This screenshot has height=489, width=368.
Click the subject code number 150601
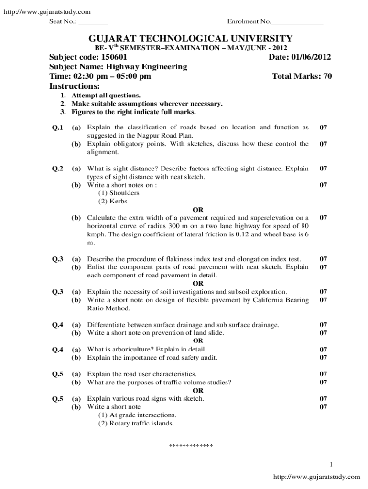click(114, 57)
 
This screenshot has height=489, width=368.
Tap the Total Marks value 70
click(327, 76)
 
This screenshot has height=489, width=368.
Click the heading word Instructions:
click(75, 86)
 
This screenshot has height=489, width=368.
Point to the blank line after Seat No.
click(93, 22)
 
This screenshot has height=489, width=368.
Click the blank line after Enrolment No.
click(297, 22)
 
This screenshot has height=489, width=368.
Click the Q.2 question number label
click(57, 169)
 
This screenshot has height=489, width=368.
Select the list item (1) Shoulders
click(119, 193)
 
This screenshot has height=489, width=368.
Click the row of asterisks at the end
click(191, 446)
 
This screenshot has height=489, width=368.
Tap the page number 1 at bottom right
click(331, 464)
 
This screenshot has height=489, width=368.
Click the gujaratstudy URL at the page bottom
click(316, 477)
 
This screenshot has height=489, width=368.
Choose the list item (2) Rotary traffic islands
click(136, 423)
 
